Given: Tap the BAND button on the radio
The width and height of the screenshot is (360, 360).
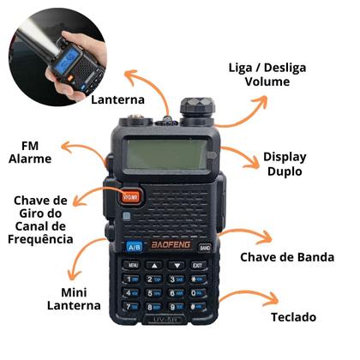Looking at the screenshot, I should point(204,247).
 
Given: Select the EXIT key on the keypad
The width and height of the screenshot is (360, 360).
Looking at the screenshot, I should point(198,265).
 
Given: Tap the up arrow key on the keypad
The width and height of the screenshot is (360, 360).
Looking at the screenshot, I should point(154,266).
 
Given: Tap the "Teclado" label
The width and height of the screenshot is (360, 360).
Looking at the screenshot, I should point(293,317).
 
